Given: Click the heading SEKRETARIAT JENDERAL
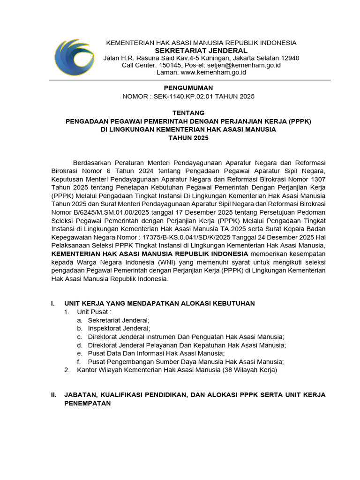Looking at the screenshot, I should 201,51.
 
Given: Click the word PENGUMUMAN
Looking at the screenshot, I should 188,88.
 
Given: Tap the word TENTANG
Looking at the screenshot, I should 188,112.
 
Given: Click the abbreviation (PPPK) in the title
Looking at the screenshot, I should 300,121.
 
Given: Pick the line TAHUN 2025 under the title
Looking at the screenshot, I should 188,138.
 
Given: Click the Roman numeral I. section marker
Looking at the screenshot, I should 53,303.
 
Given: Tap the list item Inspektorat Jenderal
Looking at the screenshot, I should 119,328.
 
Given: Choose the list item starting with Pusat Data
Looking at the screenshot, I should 156,353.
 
